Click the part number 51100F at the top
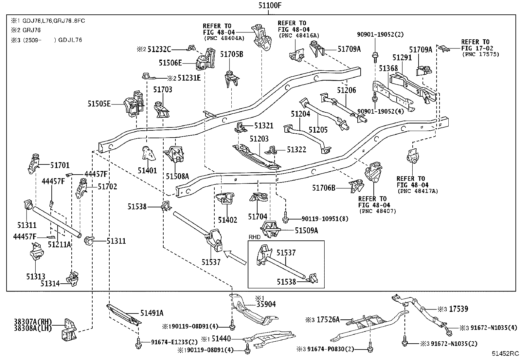[270, 5]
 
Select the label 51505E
[99, 104]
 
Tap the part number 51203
[259, 139]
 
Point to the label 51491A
[152, 313]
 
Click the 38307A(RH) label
[33, 322]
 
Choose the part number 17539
[458, 309]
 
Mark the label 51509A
[306, 231]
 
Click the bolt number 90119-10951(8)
[325, 219]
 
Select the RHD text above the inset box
[255, 237]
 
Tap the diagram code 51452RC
[505, 353]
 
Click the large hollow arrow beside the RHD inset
[235, 257]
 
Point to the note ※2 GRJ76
[26, 30]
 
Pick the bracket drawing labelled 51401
[148, 153]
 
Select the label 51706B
[324, 188]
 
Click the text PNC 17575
[480, 54]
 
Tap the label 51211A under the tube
[59, 244]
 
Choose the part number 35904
[266, 304]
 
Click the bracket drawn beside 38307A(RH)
[69, 330]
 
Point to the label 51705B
[232, 54]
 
